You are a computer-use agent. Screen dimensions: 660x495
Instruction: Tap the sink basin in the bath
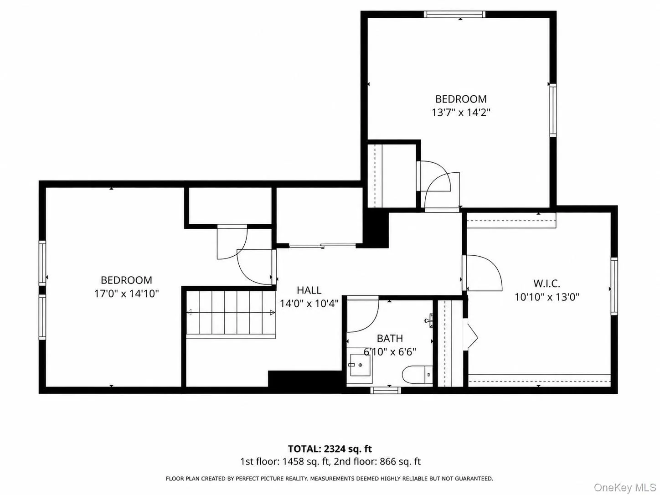360,365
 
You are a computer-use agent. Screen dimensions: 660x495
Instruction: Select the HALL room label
309,290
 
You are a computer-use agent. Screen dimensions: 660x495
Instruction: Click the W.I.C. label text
547,283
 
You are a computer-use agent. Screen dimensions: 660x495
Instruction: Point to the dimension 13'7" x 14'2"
461,113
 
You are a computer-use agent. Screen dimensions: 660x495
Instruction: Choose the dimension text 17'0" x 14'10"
126,294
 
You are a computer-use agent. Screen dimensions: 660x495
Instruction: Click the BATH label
390,338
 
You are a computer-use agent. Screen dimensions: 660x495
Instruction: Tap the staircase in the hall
231,313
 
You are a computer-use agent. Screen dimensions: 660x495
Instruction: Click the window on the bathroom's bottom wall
386,390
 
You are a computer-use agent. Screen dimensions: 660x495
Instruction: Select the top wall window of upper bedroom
454,14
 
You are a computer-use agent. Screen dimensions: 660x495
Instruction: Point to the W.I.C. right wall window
614,286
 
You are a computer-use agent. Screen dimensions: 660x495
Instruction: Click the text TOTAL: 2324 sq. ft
330,449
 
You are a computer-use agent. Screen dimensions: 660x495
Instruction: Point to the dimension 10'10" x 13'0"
547,297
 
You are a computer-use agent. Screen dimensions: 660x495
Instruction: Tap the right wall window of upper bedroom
553,111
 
